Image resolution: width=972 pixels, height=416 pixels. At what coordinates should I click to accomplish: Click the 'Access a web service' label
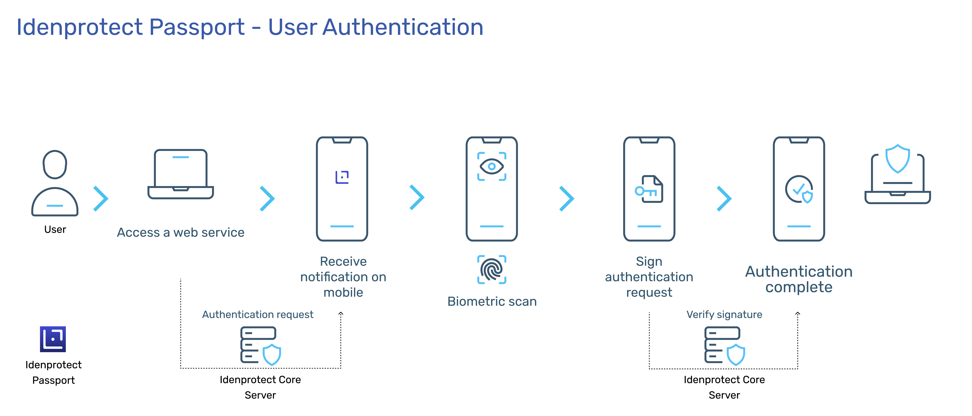tap(181, 232)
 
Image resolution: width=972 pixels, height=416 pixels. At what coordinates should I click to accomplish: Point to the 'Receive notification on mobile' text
tap(343, 277)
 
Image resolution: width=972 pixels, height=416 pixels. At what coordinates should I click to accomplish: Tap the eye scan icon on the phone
tap(492, 166)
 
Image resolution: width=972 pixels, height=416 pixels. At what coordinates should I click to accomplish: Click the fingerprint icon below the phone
tap(492, 269)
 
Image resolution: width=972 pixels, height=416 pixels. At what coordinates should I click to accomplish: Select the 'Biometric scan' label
tap(492, 301)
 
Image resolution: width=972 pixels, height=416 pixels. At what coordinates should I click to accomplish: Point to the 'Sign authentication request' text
tap(649, 277)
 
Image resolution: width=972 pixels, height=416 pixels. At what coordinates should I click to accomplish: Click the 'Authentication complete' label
tap(799, 279)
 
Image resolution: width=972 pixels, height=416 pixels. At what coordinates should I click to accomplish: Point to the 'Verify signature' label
tap(724, 314)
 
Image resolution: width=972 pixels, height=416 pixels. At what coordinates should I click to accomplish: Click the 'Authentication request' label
tap(258, 314)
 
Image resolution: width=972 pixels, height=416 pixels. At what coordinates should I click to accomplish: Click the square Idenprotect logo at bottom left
tap(53, 339)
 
